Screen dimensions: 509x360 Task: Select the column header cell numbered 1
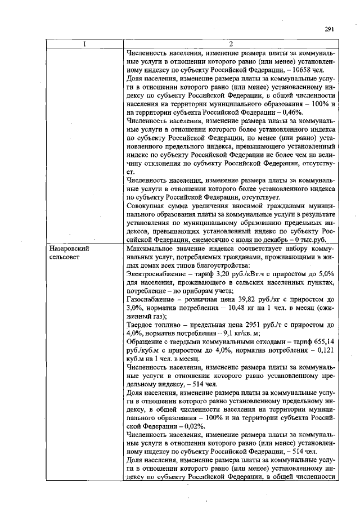83,44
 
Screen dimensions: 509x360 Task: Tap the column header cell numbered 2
231,44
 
